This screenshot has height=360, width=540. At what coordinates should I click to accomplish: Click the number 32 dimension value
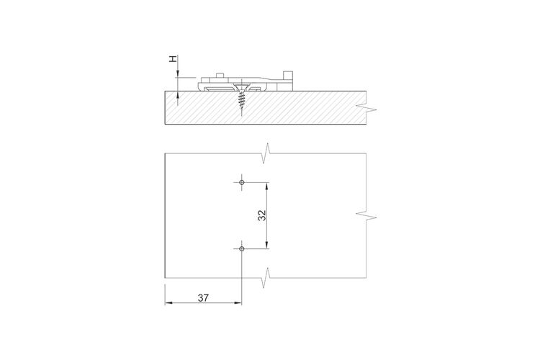(x=262, y=215)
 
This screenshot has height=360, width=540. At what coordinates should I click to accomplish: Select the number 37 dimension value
(x=203, y=297)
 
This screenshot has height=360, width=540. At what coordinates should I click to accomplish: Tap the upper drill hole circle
(x=242, y=182)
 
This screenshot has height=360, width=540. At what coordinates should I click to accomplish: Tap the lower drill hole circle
(x=242, y=248)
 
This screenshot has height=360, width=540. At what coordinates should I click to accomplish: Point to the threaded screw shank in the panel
(x=241, y=102)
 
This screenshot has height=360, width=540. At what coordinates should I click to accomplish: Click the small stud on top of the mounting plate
(x=220, y=76)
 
